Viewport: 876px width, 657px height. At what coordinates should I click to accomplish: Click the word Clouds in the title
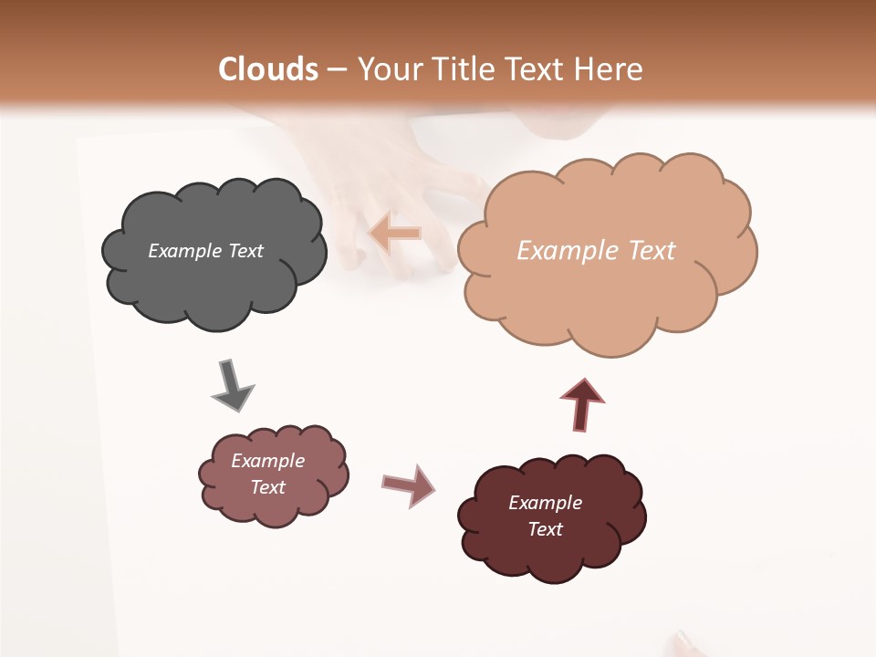(268, 69)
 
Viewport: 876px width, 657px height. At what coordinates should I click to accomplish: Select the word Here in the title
(610, 69)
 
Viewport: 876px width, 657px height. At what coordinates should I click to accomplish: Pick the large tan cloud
(606, 292)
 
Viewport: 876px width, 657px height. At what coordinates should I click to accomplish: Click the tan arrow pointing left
(394, 234)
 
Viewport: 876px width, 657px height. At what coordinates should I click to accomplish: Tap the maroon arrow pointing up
(582, 404)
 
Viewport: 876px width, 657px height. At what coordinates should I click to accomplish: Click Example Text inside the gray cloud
(205, 251)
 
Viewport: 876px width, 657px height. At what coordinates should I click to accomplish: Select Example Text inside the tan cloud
(596, 251)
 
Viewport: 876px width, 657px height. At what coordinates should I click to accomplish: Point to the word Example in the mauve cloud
(267, 461)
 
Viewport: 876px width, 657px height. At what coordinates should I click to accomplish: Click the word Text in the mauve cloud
(267, 487)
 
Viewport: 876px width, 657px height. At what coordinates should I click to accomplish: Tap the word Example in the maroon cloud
(545, 503)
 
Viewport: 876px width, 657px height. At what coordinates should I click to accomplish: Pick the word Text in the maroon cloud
(545, 529)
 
